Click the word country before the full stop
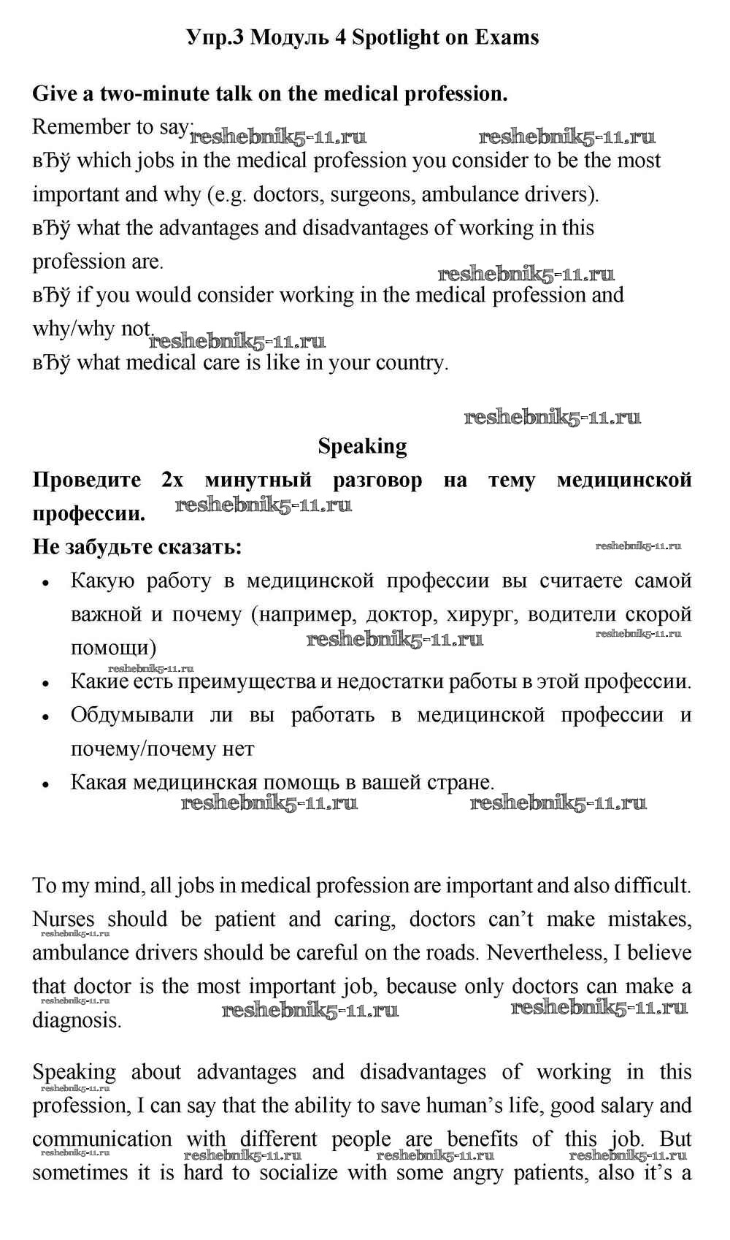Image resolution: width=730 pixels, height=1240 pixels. [x=410, y=363]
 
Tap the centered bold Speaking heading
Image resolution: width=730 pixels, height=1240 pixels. [x=362, y=446]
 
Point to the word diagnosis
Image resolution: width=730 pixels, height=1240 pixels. [x=76, y=1020]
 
